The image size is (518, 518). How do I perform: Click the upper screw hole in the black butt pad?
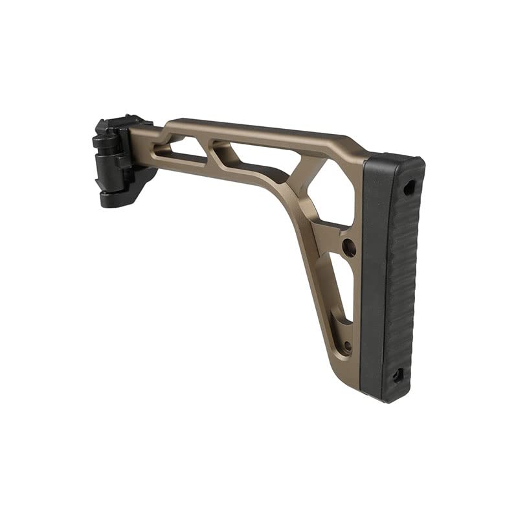pyautogui.click(x=408, y=188)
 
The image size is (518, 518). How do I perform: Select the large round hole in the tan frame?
pyautogui.click(x=349, y=247)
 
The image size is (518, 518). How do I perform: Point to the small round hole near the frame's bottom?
pyautogui.click(x=348, y=346)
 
